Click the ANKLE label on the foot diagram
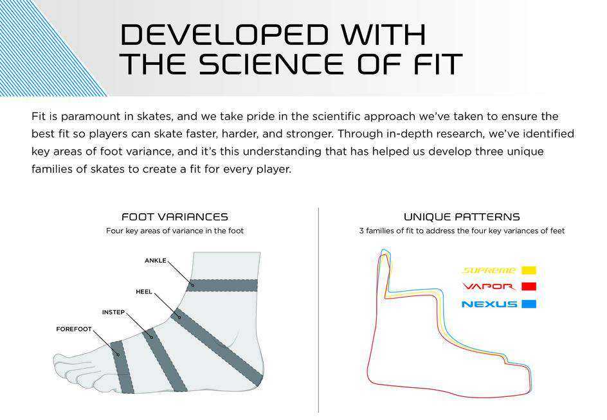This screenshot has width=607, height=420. coord(155,261)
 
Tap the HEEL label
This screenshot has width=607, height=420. coord(144,292)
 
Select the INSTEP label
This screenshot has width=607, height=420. coord(113,312)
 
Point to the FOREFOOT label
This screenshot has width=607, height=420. coord(74,329)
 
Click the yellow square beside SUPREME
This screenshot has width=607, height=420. coord(529,270)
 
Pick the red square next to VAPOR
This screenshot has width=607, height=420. coord(529,286)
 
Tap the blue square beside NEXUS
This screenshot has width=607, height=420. coord(529,304)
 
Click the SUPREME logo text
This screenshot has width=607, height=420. coord(489,270)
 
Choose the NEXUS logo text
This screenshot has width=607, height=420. coord(489,304)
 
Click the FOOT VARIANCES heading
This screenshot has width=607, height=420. coord(175,217)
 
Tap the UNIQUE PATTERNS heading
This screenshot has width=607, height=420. coord(462,217)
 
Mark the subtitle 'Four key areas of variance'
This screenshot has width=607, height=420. coord(175,231)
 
